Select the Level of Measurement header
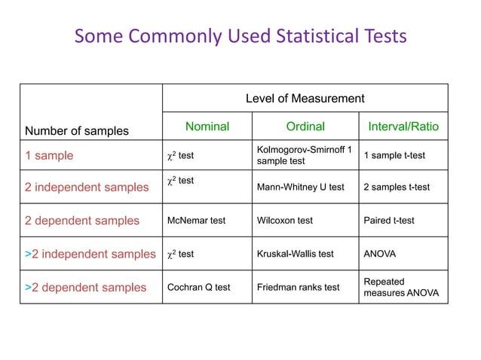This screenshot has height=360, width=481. (305, 99)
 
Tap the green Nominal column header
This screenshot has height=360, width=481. (207, 127)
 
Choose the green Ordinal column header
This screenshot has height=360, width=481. (305, 127)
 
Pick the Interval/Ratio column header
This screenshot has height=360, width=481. (403, 127)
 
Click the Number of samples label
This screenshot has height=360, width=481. (77, 131)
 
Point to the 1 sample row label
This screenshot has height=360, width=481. (50, 156)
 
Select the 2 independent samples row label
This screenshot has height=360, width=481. (87, 188)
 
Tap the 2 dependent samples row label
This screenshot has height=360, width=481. (82, 221)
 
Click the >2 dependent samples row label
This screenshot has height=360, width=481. (85, 287)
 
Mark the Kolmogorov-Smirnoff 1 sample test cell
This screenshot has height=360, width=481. (304, 156)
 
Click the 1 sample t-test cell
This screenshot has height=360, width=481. (394, 156)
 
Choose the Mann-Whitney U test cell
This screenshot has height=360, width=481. (300, 188)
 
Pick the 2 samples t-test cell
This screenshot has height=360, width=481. (397, 188)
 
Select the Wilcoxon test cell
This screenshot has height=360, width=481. (285, 221)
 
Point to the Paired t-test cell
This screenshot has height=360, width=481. (389, 221)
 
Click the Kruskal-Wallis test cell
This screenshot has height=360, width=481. (295, 254)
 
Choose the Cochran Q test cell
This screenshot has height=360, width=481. (198, 287)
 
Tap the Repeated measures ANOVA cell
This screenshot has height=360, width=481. (401, 287)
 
